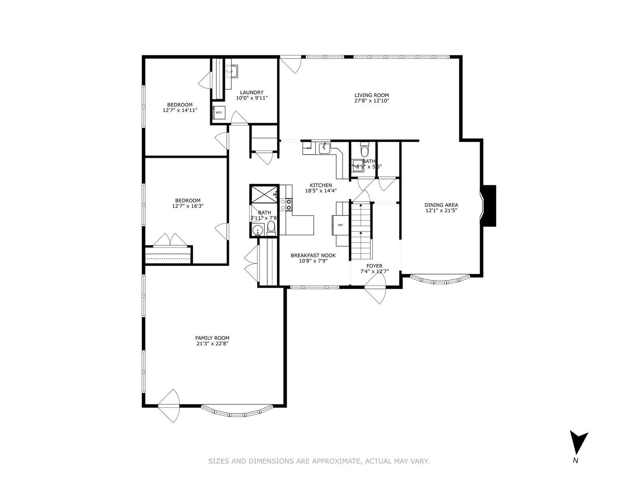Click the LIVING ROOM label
pyautogui.click(x=372, y=95)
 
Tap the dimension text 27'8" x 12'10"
pyautogui.click(x=372, y=101)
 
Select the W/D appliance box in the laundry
pyautogui.click(x=219, y=112)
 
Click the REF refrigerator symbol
pyautogui.click(x=340, y=225)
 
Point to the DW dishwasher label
pyautogui.click(x=309, y=148)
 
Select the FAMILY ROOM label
pyautogui.click(x=212, y=338)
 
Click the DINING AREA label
pyautogui.click(x=441, y=205)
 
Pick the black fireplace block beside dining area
pyautogui.click(x=489, y=206)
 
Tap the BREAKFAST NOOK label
pyautogui.click(x=313, y=255)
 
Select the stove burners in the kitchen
pyautogui.click(x=286, y=205)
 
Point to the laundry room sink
pyautogui.click(x=231, y=72)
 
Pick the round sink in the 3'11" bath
pyautogui.click(x=258, y=230)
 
